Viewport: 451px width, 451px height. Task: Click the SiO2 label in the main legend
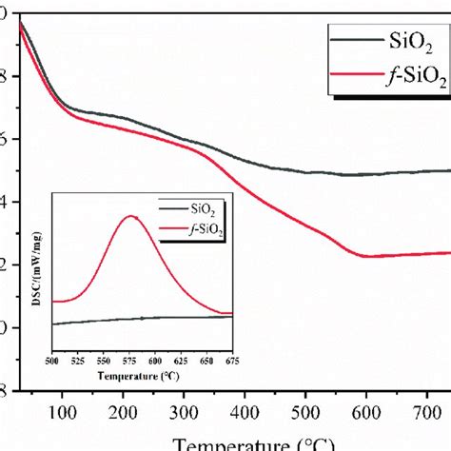pyautogui.click(x=411, y=40)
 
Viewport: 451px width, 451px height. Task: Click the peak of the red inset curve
pyautogui.click(x=131, y=216)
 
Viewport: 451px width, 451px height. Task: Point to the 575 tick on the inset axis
pyautogui.click(x=131, y=361)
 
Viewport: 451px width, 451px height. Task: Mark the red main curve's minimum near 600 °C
pyautogui.click(x=367, y=256)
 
